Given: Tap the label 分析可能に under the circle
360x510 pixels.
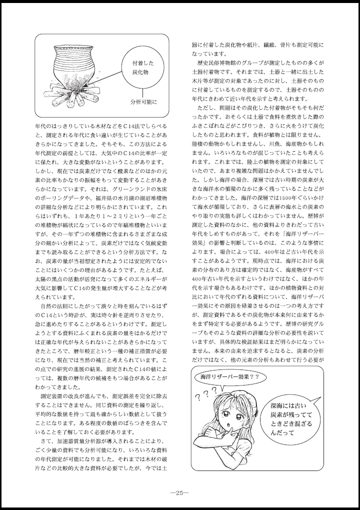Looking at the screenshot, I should (x=143, y=102).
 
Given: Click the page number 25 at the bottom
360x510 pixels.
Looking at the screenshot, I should (x=179, y=491).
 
